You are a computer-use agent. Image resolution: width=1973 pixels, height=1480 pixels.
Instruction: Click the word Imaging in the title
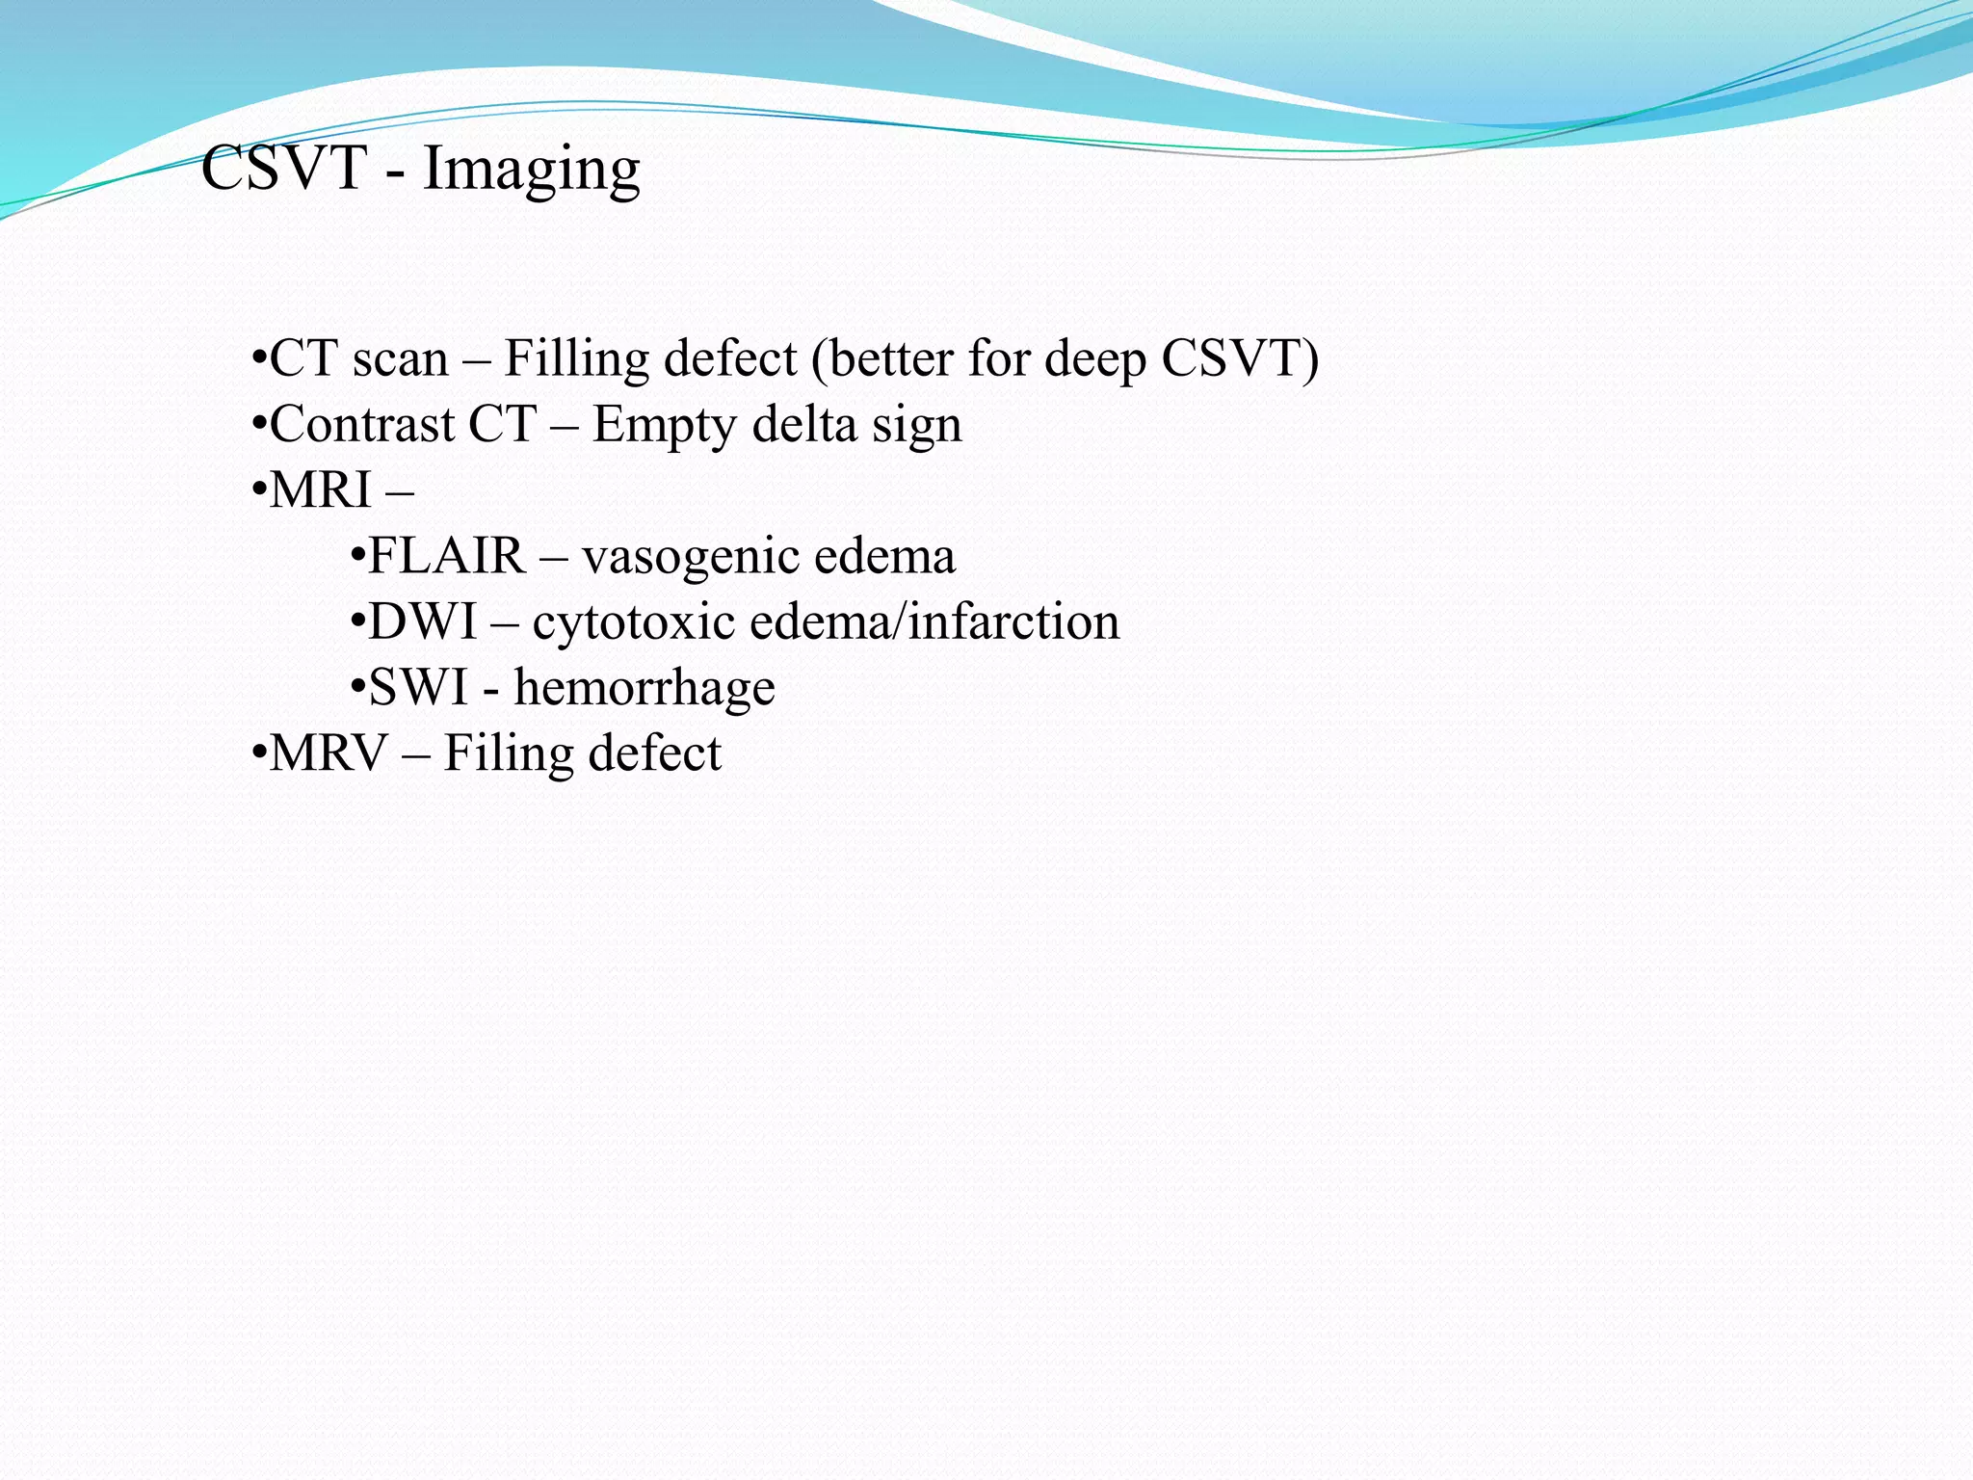point(531,170)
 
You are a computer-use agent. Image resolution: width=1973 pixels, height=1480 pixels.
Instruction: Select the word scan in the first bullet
point(400,359)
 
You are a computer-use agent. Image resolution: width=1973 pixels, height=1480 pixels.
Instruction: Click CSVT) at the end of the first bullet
point(1240,359)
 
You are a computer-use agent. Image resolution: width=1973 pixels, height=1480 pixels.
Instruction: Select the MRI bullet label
point(320,490)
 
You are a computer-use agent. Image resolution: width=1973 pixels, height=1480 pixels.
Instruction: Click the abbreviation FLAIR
point(446,556)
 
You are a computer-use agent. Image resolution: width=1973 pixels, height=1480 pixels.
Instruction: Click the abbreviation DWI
point(422,621)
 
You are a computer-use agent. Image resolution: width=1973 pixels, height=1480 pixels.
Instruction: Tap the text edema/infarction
point(934,621)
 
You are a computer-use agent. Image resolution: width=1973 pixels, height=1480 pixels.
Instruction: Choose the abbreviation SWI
point(418,688)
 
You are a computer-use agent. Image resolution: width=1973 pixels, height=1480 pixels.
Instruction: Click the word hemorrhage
point(644,688)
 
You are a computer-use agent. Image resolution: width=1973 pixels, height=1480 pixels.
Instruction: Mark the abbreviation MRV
point(328,753)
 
